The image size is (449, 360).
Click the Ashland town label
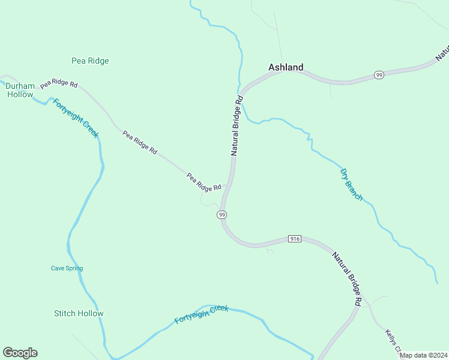286,68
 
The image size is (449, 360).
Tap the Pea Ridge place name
90,61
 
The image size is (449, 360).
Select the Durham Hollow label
20,90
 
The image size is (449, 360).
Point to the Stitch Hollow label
79,313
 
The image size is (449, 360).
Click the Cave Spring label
67,268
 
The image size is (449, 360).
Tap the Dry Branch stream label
351,184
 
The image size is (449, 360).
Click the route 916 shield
294,239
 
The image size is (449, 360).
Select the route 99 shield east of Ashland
378,75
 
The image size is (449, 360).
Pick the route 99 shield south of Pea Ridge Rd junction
222,215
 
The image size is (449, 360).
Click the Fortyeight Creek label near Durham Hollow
75,118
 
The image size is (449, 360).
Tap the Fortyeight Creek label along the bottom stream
202,314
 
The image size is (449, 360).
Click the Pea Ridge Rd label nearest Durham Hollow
59,84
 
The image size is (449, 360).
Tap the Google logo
20,353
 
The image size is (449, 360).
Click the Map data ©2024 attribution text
423,355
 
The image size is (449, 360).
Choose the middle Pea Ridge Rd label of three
140,143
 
